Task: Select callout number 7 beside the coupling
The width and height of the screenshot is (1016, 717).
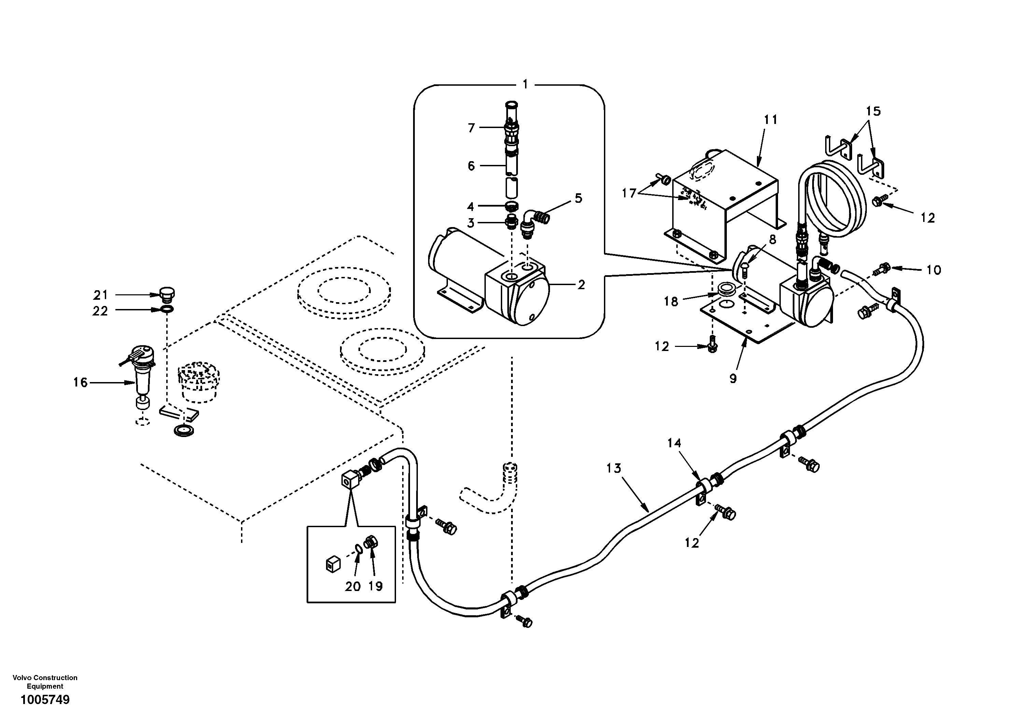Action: click(471, 128)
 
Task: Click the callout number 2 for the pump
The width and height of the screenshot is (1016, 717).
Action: click(581, 285)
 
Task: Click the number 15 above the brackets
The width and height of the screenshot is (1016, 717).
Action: click(873, 111)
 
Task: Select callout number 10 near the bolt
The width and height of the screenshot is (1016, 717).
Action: click(934, 270)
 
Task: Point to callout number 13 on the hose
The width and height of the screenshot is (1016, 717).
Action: click(614, 468)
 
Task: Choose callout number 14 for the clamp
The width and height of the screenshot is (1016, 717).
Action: click(674, 442)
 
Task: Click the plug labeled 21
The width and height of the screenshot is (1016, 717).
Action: click(167, 293)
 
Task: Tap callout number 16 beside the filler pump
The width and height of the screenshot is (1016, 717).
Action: click(81, 382)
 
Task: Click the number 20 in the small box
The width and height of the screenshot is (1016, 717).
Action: click(353, 587)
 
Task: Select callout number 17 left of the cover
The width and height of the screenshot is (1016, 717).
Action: click(629, 193)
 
